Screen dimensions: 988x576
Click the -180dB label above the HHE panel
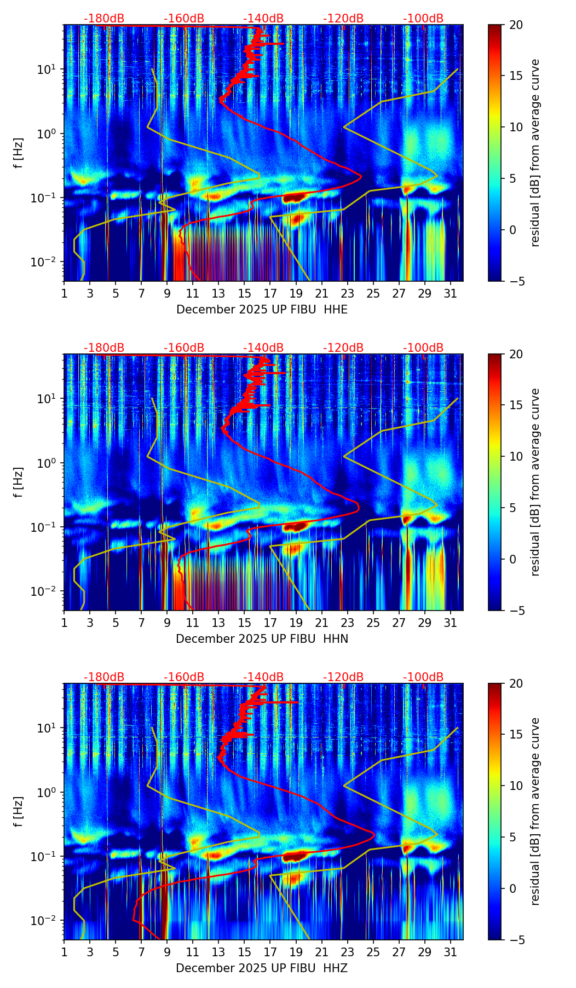104,19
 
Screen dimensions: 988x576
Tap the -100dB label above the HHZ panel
423,677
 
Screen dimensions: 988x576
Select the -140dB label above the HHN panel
263,348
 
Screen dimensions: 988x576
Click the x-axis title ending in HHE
262,310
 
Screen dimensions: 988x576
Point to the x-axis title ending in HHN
262,639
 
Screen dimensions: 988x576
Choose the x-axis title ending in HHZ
262,968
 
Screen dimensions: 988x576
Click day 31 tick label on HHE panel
451,294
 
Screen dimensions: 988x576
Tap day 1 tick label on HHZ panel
64,952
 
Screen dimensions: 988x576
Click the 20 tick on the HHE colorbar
516,25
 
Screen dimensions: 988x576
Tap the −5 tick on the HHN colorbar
516,611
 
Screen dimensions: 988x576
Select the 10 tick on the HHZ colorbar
516,786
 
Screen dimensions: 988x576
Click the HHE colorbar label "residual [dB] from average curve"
535,153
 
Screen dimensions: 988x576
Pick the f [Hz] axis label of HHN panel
19,482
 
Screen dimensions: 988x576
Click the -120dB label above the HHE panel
343,19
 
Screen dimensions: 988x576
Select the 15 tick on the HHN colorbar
516,405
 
